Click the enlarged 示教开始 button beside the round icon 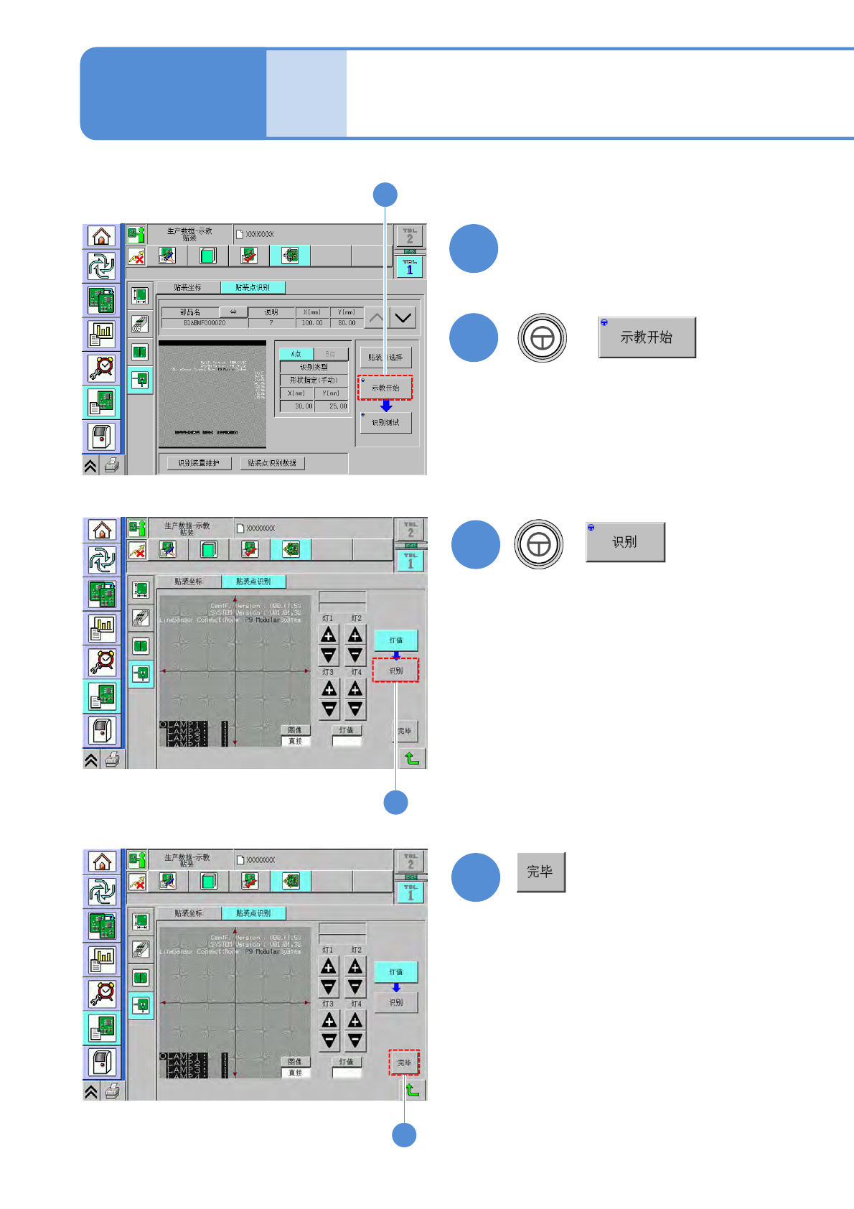pyautogui.click(x=647, y=337)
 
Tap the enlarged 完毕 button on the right pyautogui.click(x=540, y=872)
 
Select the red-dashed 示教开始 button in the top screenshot pyautogui.click(x=385, y=388)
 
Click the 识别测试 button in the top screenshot pyautogui.click(x=385, y=423)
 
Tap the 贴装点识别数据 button pyautogui.click(x=272, y=463)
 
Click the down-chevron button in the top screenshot pyautogui.click(x=403, y=317)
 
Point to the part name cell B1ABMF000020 pyautogui.click(x=205, y=323)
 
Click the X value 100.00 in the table pyautogui.click(x=312, y=323)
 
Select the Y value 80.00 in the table pyautogui.click(x=347, y=323)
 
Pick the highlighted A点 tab pyautogui.click(x=296, y=354)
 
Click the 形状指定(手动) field pyautogui.click(x=314, y=380)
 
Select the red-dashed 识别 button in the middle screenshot pyautogui.click(x=395, y=671)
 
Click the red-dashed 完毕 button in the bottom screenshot pyautogui.click(x=404, y=1063)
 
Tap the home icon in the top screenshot pyautogui.click(x=102, y=236)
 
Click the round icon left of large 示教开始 pyautogui.click(x=542, y=337)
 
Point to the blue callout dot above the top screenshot pyautogui.click(x=385, y=195)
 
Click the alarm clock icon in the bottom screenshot pyautogui.click(x=103, y=993)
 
